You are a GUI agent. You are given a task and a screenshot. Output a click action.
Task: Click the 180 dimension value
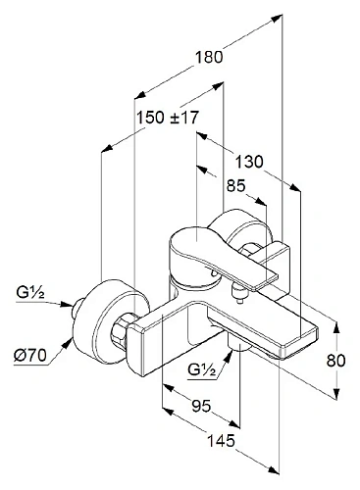[x=209, y=57]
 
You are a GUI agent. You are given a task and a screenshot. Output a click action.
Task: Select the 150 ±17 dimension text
[x=168, y=118]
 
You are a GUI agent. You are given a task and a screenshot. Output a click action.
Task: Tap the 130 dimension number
[x=249, y=162]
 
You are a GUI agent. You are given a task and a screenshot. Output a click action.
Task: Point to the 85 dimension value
[x=235, y=186]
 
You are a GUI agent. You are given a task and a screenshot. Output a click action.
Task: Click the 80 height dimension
[x=335, y=361]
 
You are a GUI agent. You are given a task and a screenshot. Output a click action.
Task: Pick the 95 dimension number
[x=201, y=407]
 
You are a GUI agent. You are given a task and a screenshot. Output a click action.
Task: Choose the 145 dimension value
[x=222, y=441]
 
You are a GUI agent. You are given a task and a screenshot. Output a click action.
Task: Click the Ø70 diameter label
[x=30, y=356]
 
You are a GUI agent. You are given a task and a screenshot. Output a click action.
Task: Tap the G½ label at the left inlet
[x=30, y=293]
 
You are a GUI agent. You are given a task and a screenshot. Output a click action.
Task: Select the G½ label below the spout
[x=202, y=369]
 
